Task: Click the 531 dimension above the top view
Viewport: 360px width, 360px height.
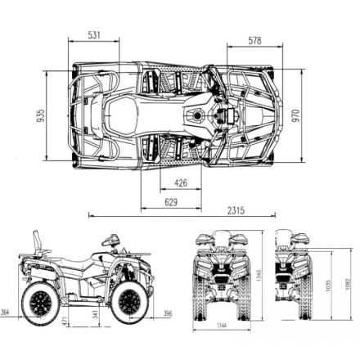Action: coord(94,35)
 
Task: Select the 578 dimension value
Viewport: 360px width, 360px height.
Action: coord(254,41)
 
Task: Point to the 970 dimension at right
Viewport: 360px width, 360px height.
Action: coord(296,116)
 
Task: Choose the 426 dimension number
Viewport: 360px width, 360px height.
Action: coord(181,183)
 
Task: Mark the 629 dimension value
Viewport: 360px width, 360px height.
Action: coord(171,201)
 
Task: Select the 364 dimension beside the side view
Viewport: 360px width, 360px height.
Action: coord(6,313)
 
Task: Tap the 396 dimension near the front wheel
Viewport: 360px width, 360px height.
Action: coord(167,313)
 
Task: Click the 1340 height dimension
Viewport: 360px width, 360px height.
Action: coord(259,276)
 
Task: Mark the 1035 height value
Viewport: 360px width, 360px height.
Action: coord(328,286)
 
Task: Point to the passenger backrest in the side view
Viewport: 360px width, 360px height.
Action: coord(37,243)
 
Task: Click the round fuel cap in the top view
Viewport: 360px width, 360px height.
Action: coord(197,115)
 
